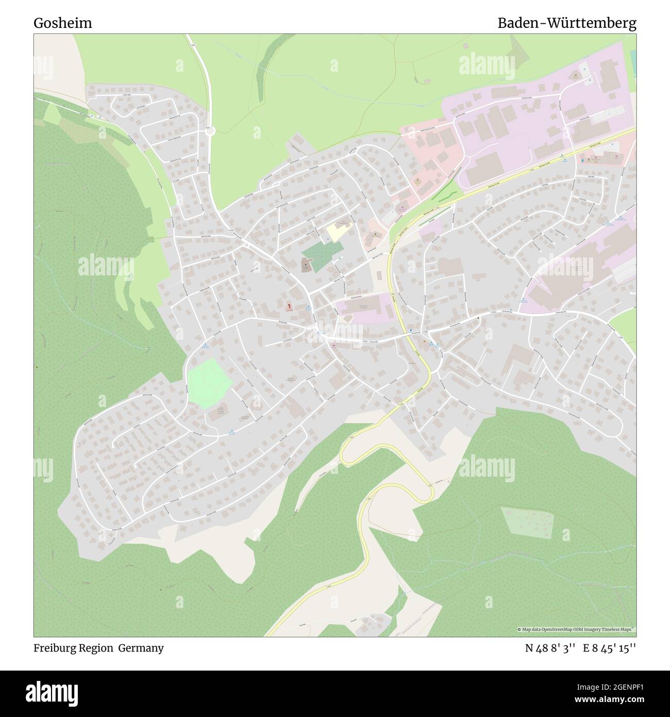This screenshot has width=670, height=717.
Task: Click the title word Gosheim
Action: tap(63, 23)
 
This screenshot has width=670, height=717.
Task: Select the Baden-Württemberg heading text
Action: tap(566, 23)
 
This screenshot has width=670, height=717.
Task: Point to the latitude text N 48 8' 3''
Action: tap(551, 648)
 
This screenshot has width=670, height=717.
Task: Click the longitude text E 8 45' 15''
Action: tap(610, 648)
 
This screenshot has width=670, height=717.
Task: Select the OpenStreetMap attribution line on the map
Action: tap(576, 629)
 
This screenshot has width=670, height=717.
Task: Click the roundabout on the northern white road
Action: tap(210, 132)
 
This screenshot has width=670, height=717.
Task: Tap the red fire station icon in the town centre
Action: tap(290, 306)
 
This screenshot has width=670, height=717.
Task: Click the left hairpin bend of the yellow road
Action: tap(343, 457)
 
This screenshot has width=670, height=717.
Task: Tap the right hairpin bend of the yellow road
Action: tap(431, 493)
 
